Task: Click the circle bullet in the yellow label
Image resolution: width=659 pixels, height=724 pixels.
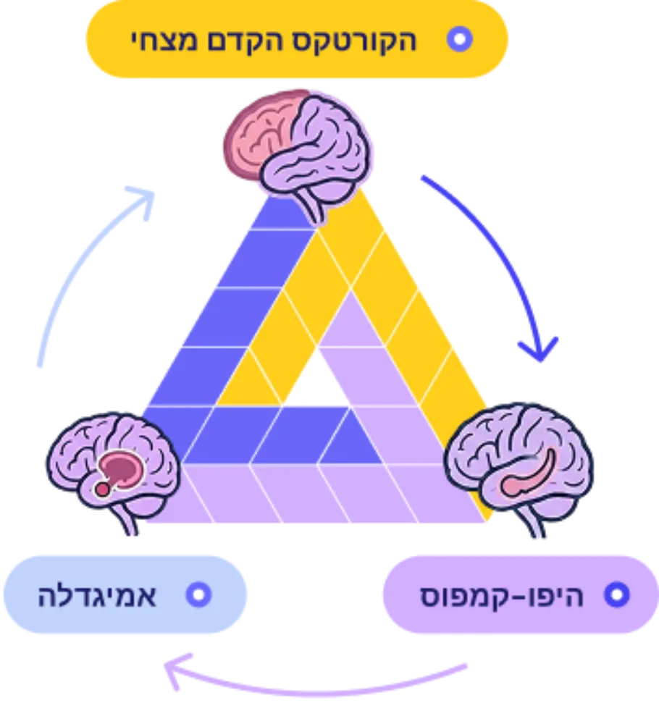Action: pos(459,39)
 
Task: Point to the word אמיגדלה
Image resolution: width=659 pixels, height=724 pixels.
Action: pos(97,595)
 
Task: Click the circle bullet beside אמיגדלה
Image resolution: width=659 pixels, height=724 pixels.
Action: pos(198,594)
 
